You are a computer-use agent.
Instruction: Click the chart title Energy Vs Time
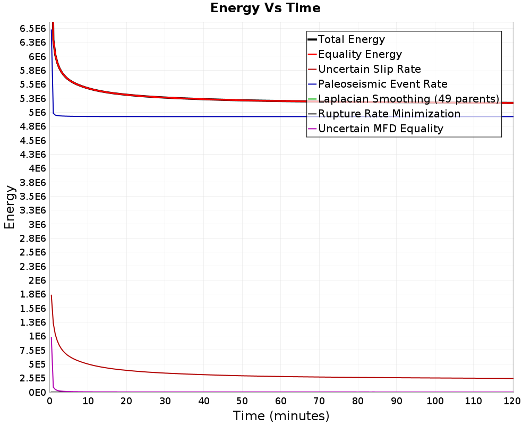coord(265,8)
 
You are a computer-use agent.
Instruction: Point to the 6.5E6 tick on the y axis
coord(32,29)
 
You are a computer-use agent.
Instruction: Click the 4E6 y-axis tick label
coord(37,168)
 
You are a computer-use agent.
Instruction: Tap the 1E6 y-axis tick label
coord(37,336)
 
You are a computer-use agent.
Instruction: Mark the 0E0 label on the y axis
coord(37,393)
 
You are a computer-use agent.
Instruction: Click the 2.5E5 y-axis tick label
coord(32,378)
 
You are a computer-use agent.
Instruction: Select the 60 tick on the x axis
coord(281,401)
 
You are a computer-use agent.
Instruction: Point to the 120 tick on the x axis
coord(512,401)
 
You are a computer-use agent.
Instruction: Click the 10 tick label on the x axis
coord(88,401)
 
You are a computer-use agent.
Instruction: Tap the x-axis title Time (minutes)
coord(281,416)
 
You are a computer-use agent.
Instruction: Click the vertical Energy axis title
coord(10,207)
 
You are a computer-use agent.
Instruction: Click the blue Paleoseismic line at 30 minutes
coord(165,116)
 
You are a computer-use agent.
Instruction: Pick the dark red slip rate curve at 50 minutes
coord(242,376)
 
